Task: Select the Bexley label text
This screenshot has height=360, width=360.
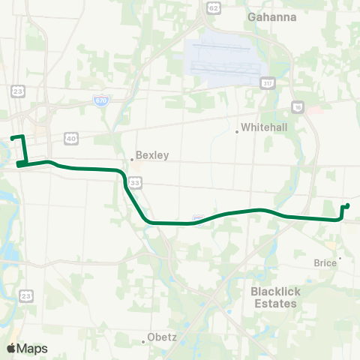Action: (152, 156)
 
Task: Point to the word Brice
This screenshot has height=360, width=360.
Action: (325, 263)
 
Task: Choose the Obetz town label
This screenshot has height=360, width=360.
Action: (162, 337)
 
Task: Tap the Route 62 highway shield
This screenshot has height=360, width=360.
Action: (213, 8)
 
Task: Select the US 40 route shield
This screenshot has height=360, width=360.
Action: (71, 138)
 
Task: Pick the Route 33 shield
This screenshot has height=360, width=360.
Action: (134, 182)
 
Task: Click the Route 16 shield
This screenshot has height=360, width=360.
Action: (298, 106)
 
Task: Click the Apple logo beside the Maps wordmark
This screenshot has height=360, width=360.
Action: (11, 348)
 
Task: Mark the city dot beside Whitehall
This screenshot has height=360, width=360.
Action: (237, 132)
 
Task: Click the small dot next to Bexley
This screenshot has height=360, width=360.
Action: (131, 159)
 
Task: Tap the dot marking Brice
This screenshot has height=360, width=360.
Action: (340, 259)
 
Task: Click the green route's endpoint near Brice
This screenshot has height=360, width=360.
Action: (348, 205)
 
